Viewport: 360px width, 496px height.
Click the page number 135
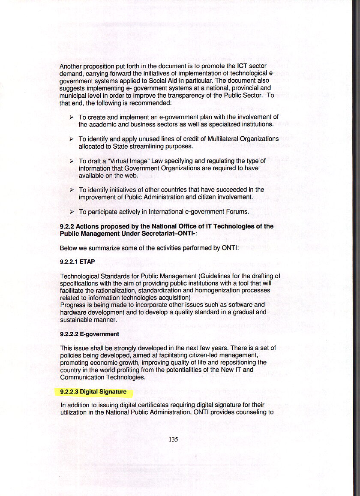click(x=173, y=439)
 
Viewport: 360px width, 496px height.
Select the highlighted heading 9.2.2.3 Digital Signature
click(x=93, y=392)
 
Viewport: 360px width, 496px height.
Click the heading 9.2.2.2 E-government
click(x=89, y=334)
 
